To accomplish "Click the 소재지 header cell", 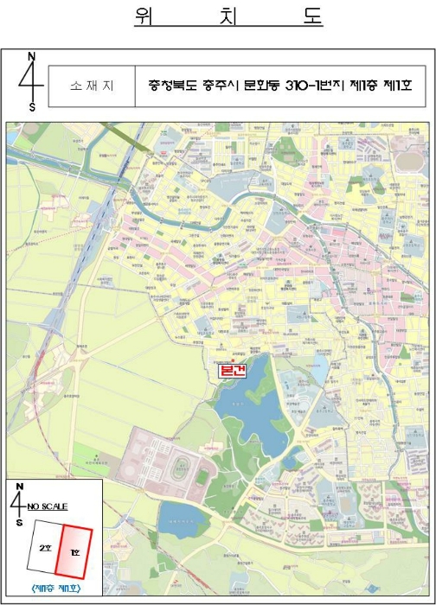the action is (x=92, y=86).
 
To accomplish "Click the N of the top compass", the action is (x=32, y=58).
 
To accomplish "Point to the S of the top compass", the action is (x=32, y=107).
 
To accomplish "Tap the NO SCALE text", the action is (x=48, y=506).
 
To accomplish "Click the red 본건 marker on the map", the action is (x=233, y=370).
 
